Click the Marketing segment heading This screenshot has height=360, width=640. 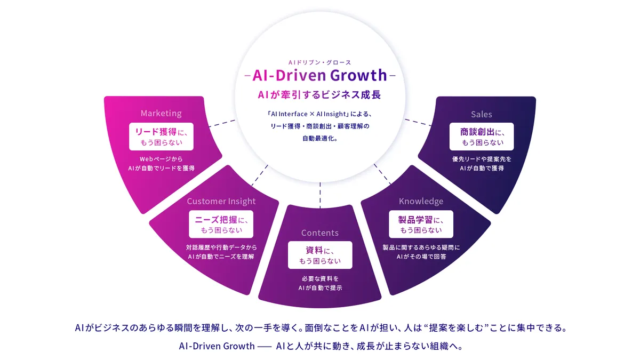161,113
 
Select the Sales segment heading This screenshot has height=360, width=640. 481,114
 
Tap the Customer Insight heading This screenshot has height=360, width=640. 221,201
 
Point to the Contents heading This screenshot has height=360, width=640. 320,233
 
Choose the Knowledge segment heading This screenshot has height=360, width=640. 421,201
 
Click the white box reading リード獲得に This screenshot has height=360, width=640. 161,137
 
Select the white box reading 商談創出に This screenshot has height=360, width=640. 481,137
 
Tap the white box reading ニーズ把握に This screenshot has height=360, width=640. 221,224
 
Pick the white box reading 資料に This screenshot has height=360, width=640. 320,255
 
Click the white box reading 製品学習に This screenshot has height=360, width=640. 421,224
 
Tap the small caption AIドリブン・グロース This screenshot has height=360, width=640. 320,62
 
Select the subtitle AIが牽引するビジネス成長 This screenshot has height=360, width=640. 320,95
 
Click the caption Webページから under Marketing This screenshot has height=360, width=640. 161,159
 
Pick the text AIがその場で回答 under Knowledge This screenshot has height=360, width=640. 421,257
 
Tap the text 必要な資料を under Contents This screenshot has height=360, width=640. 320,278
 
